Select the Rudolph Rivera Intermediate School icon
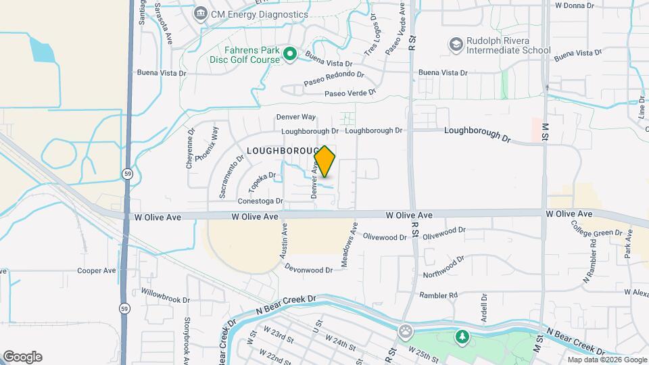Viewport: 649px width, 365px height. click(456, 45)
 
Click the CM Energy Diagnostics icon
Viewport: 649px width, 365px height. click(200, 14)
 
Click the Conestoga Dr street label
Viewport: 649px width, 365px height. click(260, 201)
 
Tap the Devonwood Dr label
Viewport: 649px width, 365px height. click(308, 270)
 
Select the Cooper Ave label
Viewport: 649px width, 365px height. click(97, 271)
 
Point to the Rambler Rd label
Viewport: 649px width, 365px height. click(439, 295)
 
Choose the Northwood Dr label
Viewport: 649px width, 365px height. click(443, 267)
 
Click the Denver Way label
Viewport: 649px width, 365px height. click(296, 117)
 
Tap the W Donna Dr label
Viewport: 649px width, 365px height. click(574, 5)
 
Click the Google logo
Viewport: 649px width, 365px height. click(22, 356)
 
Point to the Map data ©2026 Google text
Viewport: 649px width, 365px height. click(606, 360)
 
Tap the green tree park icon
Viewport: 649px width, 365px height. click(462, 336)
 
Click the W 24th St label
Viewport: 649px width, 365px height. click(340, 341)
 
